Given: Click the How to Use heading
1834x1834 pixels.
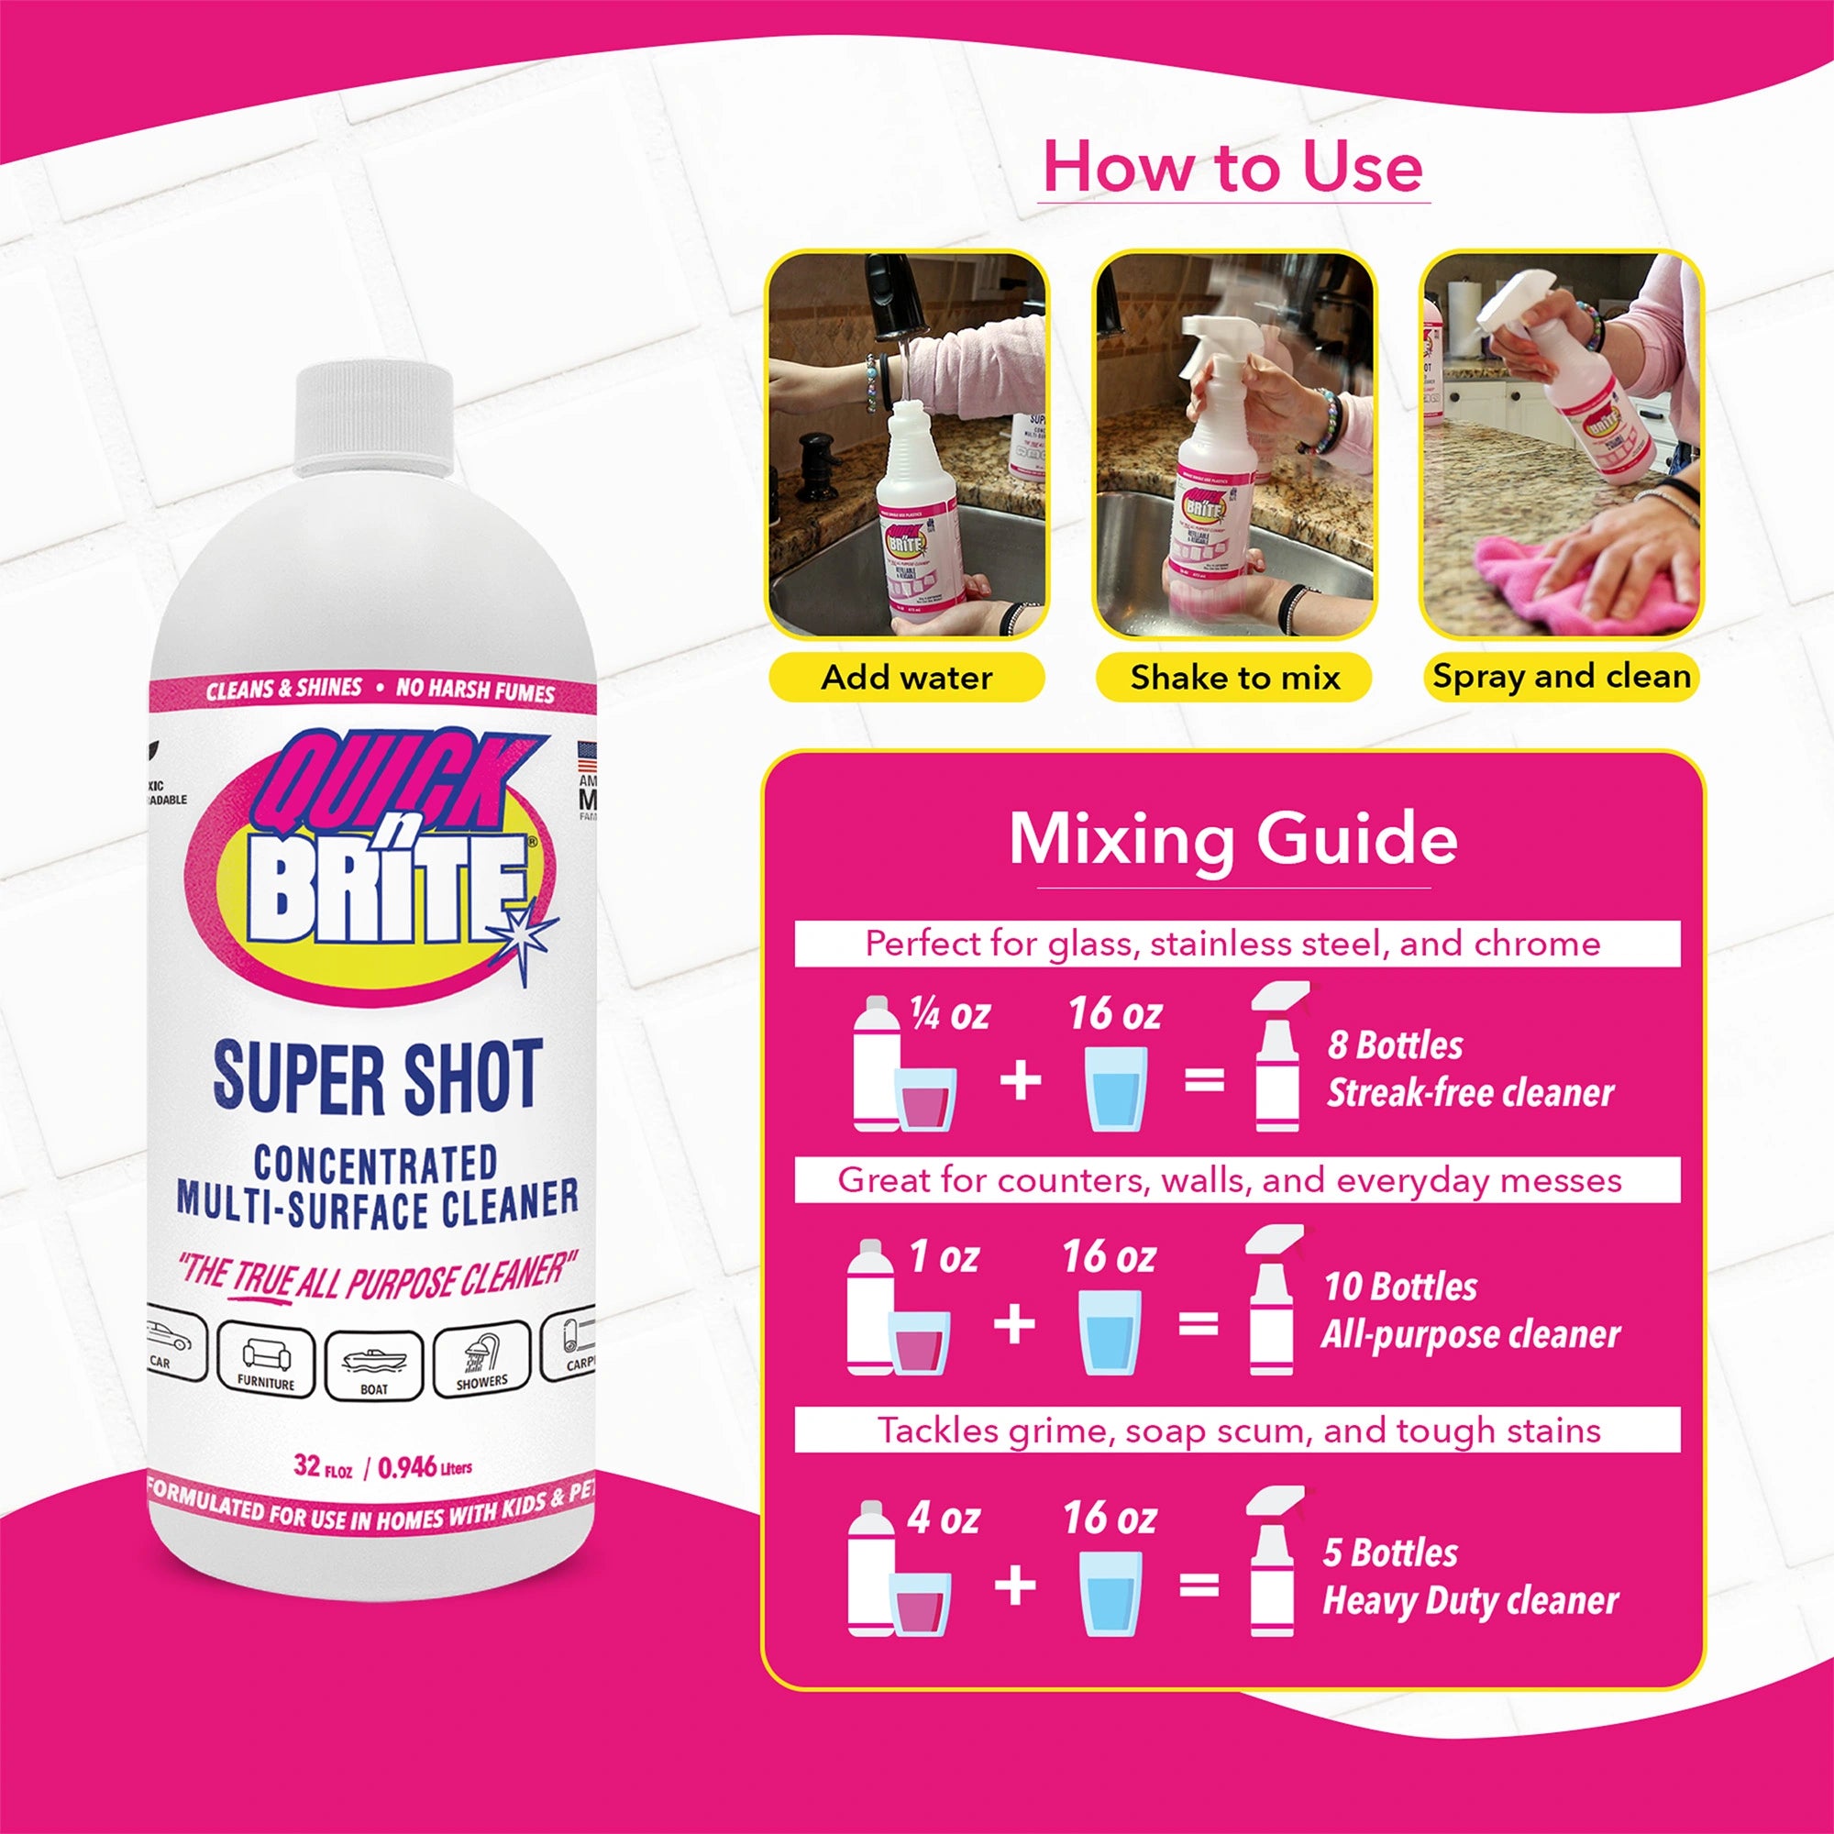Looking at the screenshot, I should point(1232,167).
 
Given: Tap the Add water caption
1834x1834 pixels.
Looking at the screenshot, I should point(907,678).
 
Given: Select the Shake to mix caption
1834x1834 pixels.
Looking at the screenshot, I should point(1234,678).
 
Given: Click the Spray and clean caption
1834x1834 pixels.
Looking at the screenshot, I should point(1561,677).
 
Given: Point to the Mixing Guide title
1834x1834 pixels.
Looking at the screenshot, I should point(1232,839).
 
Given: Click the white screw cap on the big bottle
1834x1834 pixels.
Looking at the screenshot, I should point(374,419).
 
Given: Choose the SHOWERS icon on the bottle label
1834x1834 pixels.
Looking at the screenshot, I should point(481,1358).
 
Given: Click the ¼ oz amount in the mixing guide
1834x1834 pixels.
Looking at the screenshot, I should point(949,1015).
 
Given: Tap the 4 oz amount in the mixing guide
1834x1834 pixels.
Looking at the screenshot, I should point(943,1518).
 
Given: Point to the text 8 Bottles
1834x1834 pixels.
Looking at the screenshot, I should point(1395,1045).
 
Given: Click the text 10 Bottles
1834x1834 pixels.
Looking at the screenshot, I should point(1400,1287).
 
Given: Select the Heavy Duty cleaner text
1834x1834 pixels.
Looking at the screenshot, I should point(1471,1600).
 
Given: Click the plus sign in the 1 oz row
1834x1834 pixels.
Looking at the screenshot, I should point(1014,1324).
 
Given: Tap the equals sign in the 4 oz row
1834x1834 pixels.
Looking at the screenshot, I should point(1199,1585).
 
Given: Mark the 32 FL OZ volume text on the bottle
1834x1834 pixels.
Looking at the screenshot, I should point(323,1466).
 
